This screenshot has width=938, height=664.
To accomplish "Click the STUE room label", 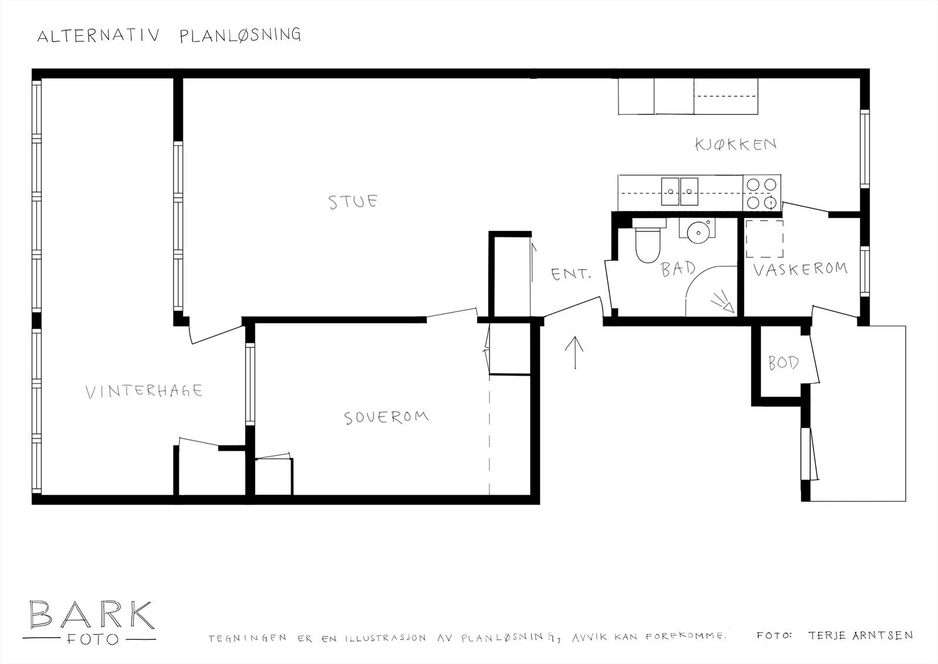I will tap(353, 202).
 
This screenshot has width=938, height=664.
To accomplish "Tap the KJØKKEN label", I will tap(736, 144).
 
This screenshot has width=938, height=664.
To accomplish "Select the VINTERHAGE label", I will tap(144, 391).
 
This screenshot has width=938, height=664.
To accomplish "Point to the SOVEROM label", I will tap(386, 417).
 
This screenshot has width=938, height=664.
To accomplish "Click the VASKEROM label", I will tap(800, 269).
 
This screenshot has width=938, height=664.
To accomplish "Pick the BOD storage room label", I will tap(783, 363).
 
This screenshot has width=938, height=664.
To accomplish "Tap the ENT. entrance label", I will tap(570, 274).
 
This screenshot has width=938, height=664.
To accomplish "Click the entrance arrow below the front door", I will tap(575, 352).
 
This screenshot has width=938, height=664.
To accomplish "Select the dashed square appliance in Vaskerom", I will tap(764, 239).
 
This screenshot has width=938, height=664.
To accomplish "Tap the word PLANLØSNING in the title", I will tap(239, 35).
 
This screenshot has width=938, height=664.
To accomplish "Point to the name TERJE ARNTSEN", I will tap(859, 635).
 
